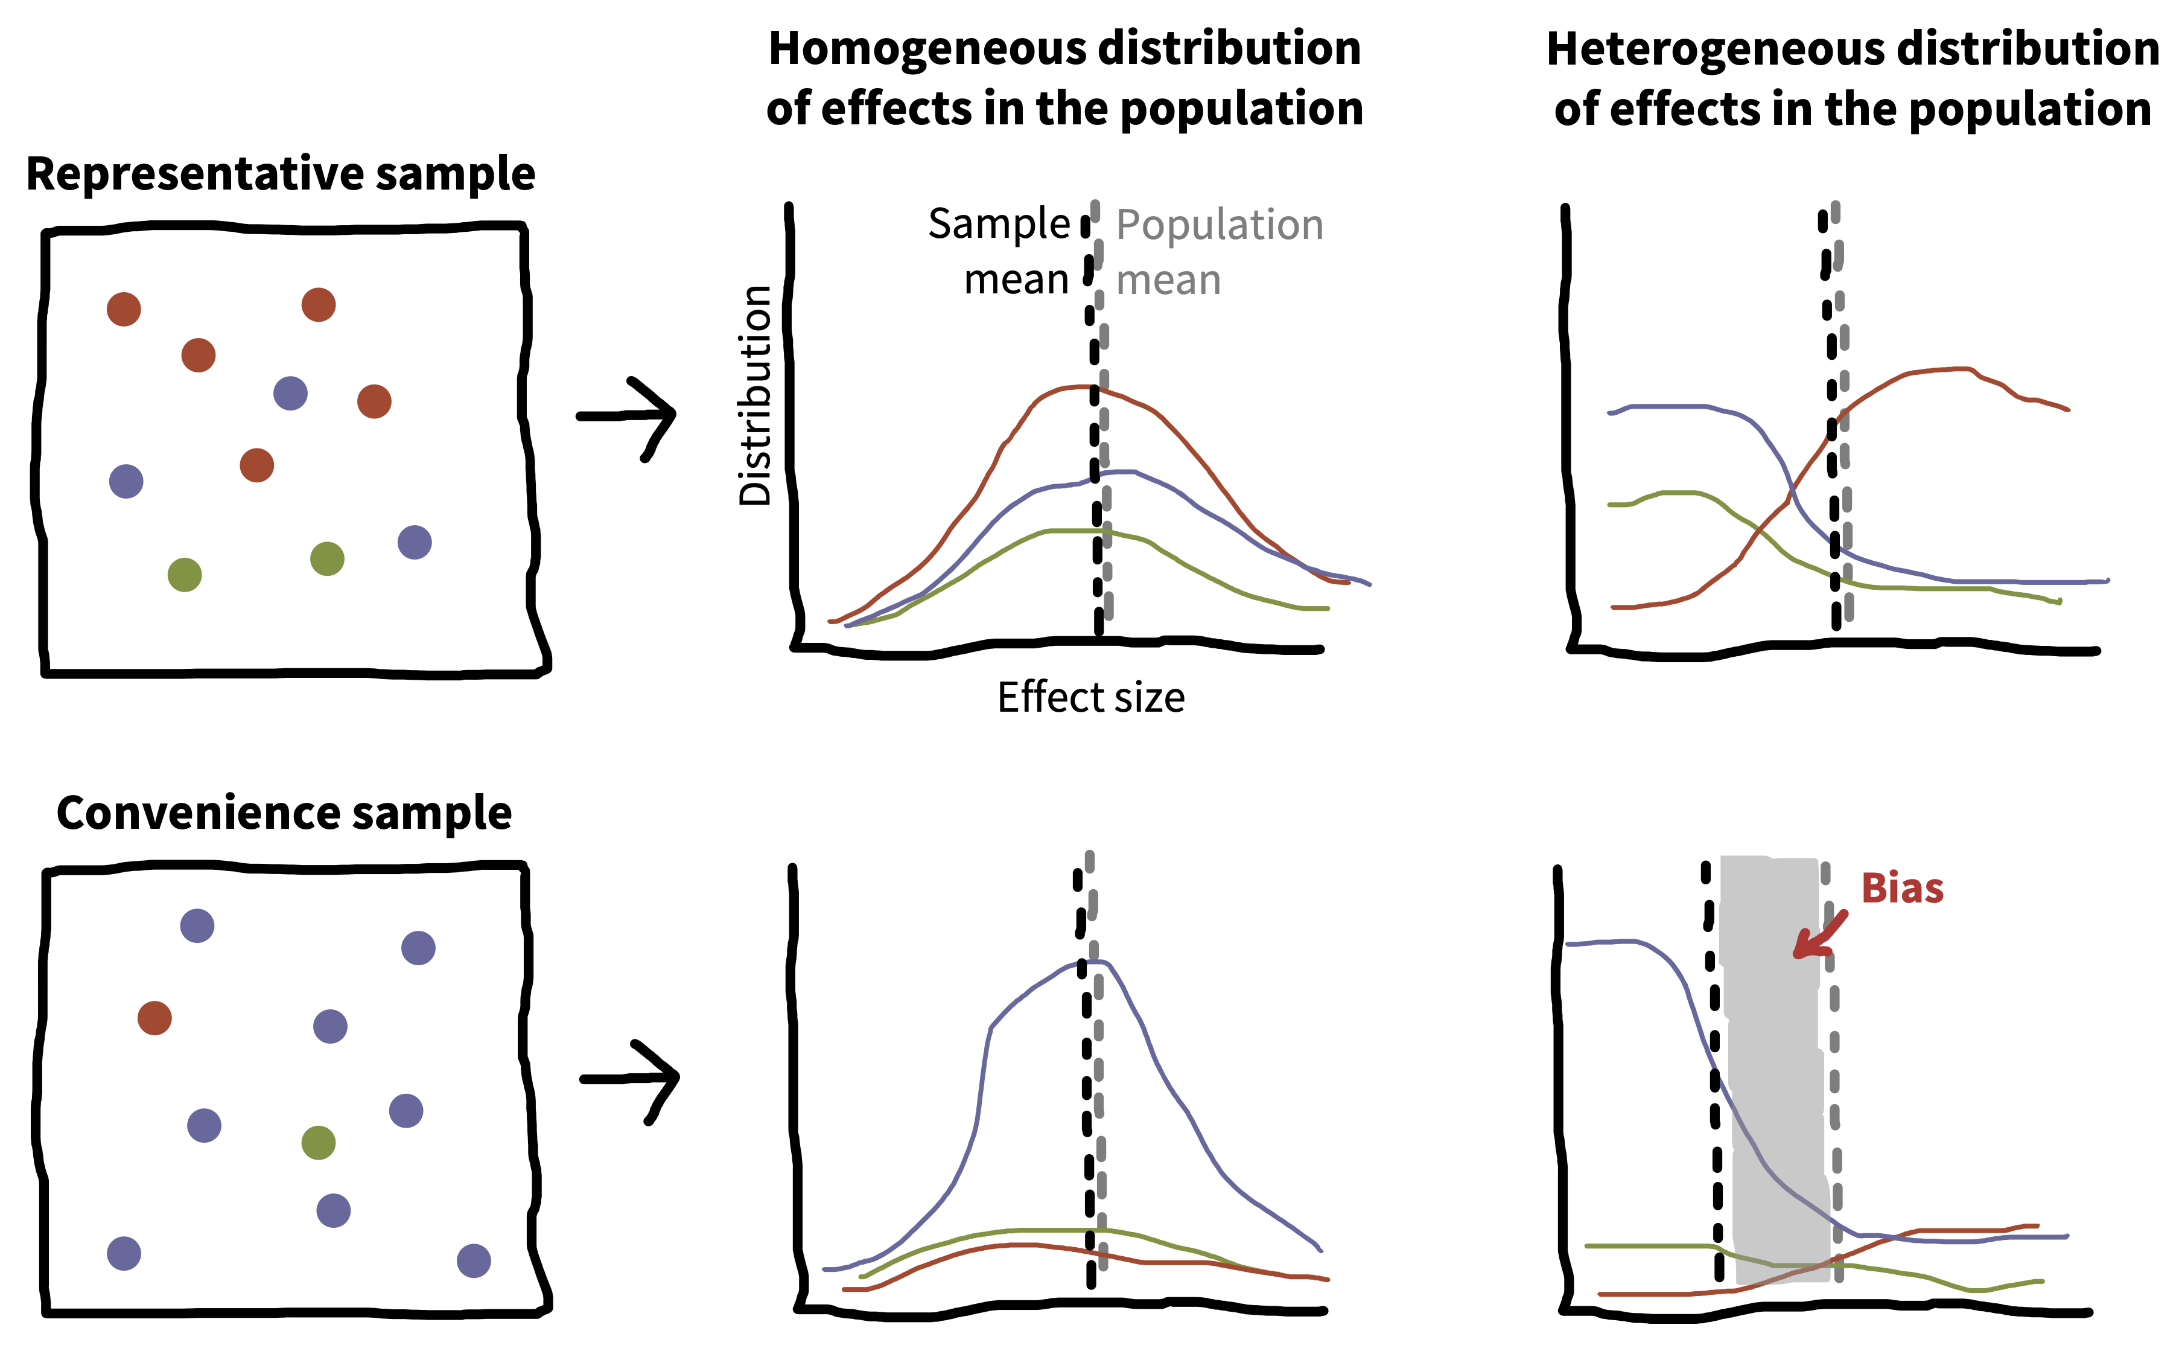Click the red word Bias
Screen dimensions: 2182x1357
(x=1902, y=889)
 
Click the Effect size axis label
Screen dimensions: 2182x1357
(x=1091, y=697)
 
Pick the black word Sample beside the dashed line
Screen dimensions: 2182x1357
(x=999, y=225)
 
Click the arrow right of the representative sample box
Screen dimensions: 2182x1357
(x=626, y=418)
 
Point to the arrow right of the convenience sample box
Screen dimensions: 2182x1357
(x=630, y=1081)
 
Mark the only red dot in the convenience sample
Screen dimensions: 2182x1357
(x=154, y=1018)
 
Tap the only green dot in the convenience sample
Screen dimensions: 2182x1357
(x=319, y=1143)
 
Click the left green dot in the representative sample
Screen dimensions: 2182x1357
(x=185, y=575)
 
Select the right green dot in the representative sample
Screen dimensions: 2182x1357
(x=328, y=559)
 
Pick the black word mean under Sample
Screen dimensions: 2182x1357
(x=1017, y=281)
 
